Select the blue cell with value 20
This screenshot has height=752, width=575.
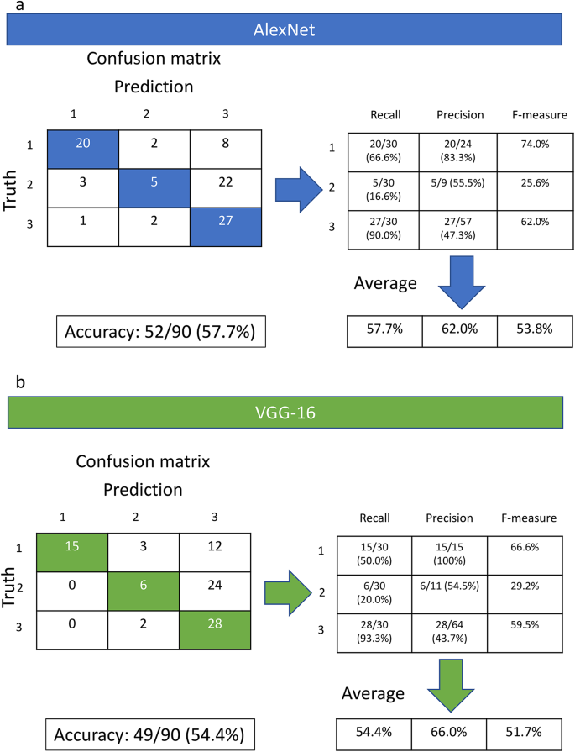pos(83,145)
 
